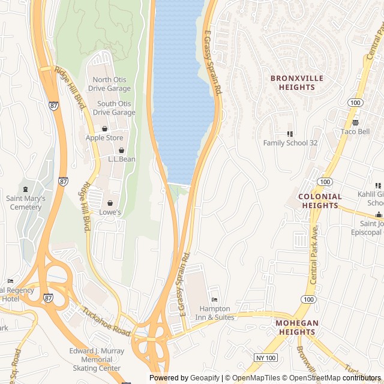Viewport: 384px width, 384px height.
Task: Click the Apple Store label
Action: [x=104, y=137]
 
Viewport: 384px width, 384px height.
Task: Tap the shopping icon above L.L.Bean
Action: [x=122, y=150]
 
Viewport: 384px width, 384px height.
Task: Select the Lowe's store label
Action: [x=110, y=212]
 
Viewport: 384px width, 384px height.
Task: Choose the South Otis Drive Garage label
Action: [x=114, y=108]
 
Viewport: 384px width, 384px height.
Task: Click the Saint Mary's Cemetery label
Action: [x=25, y=203]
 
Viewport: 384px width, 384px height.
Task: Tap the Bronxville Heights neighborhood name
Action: [x=296, y=83]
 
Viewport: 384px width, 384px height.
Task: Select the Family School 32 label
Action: [x=290, y=143]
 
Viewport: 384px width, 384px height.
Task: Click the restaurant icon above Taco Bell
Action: [x=355, y=122]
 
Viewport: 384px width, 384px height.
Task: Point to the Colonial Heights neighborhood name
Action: [x=320, y=201]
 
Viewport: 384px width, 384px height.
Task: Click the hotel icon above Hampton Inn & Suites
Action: [x=215, y=300]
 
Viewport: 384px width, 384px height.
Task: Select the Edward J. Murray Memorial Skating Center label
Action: [x=97, y=359]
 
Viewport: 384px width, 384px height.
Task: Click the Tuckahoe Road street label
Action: [x=107, y=322]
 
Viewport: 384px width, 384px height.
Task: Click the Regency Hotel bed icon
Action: [x=10, y=281]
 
